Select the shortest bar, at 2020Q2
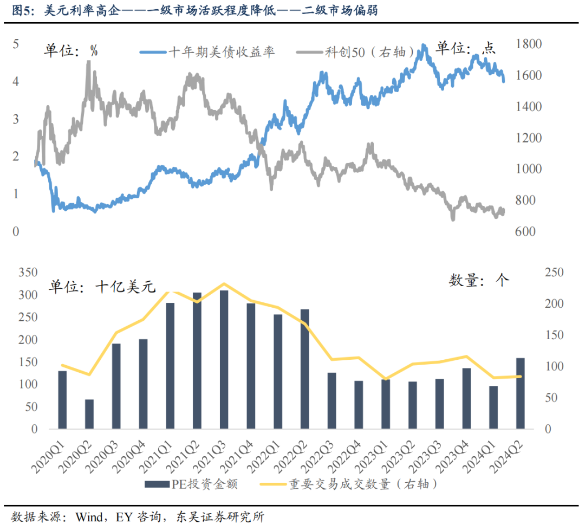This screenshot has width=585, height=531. coord(89,414)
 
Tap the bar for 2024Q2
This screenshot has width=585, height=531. coord(520,393)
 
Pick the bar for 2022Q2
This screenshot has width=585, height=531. coord(304,368)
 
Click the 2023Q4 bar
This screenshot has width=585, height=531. coord(466,398)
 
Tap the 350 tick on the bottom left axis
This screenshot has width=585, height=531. coord(27,273)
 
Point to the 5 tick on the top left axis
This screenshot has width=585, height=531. coord(16,44)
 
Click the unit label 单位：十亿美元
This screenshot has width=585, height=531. coord(103,286)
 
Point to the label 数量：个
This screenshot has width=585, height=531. coord(479,280)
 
